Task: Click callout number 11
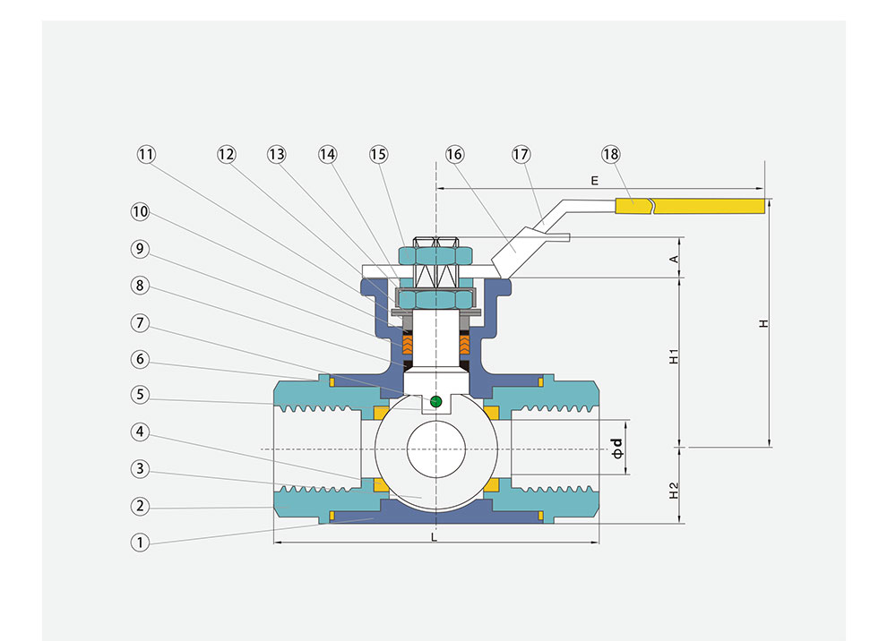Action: pyautogui.click(x=146, y=154)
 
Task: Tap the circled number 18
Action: pyautogui.click(x=610, y=154)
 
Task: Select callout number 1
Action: pyautogui.click(x=139, y=543)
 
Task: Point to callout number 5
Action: pyautogui.click(x=139, y=395)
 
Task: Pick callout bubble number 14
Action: pyautogui.click(x=328, y=154)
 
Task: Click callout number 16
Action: pyautogui.click(x=454, y=154)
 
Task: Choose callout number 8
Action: pyautogui.click(x=139, y=286)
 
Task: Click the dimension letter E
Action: pyautogui.click(x=594, y=180)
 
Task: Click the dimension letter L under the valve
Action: pyautogui.click(x=435, y=538)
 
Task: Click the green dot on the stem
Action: pyautogui.click(x=435, y=401)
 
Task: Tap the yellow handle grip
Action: pyautogui.click(x=708, y=206)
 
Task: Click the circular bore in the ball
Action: pyautogui.click(x=435, y=449)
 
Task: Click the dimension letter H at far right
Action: pyautogui.click(x=762, y=323)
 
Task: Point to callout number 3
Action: pyautogui.click(x=139, y=468)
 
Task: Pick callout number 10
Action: pyautogui.click(x=139, y=212)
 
